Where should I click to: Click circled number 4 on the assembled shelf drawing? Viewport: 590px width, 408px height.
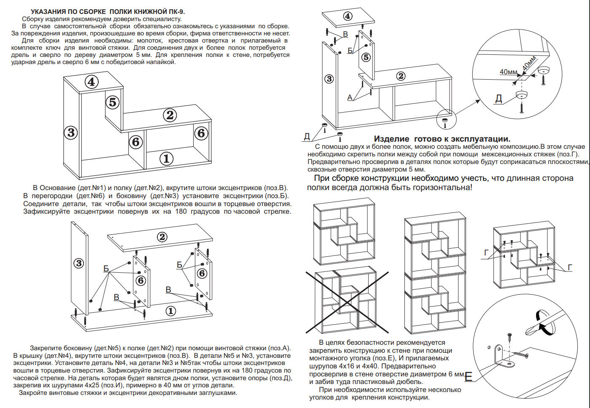[x=92, y=81]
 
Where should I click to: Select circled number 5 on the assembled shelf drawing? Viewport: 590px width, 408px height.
[x=112, y=102]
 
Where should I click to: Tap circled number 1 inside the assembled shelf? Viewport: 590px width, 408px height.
[x=167, y=158]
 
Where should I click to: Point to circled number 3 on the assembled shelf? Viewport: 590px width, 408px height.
[x=71, y=132]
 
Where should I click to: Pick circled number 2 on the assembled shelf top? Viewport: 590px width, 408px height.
[x=170, y=115]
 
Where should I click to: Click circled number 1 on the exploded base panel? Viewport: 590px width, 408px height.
[x=170, y=311]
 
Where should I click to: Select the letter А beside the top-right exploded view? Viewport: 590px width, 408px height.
[x=350, y=97]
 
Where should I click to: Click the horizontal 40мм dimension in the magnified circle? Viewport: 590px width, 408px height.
[x=508, y=72]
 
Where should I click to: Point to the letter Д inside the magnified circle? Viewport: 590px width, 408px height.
[x=498, y=99]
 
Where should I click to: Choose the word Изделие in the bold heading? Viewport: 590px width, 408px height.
[x=391, y=139]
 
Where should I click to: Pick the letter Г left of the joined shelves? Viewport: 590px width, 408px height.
[x=486, y=253]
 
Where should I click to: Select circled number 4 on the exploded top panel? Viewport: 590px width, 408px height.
[x=348, y=16]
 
